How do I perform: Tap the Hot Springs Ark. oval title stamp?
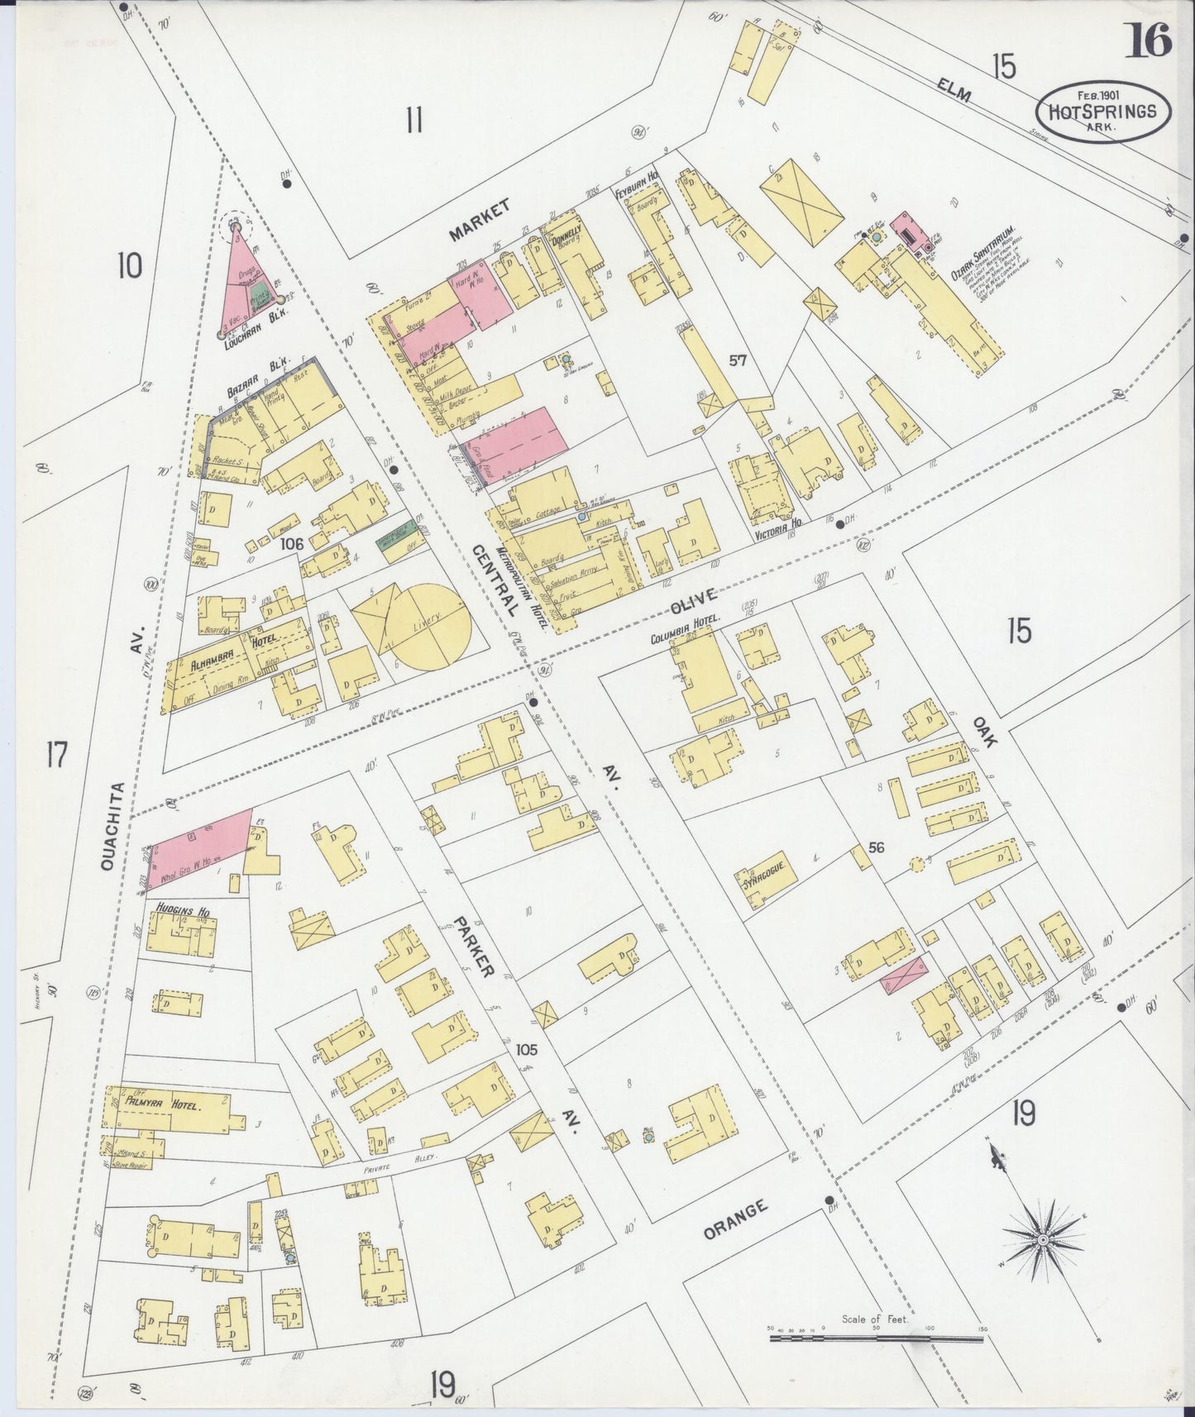pyautogui.click(x=1102, y=111)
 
